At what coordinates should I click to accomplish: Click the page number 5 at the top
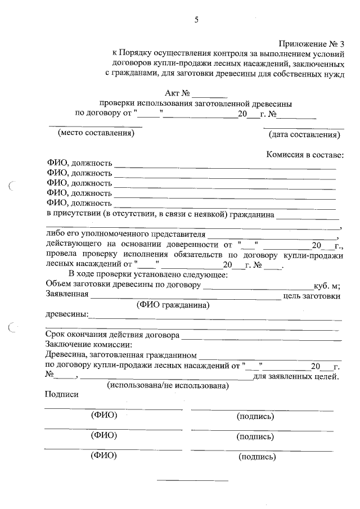pyautogui.click(x=196, y=20)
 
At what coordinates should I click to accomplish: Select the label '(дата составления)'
pyautogui.click(x=304, y=134)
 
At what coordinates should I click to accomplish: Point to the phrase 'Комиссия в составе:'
pyautogui.click(x=305, y=155)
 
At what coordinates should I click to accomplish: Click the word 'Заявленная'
pyautogui.click(x=66, y=295)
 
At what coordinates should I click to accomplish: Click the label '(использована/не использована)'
pyautogui.click(x=168, y=386)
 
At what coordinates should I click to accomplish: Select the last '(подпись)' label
pyautogui.click(x=257, y=457)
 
